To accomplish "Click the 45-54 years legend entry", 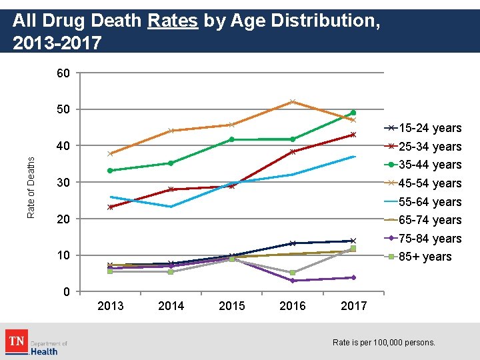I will [x=430, y=183].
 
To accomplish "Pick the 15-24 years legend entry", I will [x=430, y=128].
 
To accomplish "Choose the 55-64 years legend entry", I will [x=430, y=202].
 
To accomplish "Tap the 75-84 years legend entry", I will [x=430, y=239].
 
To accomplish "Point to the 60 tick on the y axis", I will [x=63, y=73].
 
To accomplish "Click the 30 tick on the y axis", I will [x=63, y=183].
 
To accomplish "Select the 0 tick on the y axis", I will [x=66, y=292].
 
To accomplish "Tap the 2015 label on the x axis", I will [x=231, y=306].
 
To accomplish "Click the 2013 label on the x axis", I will [x=110, y=306].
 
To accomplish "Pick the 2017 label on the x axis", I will [x=353, y=306].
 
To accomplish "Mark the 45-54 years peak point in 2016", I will [x=293, y=102].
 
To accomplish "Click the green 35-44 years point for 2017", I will [x=353, y=113].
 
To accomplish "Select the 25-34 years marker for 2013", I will [x=110, y=207].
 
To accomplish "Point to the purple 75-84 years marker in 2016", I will [x=293, y=281].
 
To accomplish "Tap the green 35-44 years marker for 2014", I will [x=171, y=163].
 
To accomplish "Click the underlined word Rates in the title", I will [x=173, y=21].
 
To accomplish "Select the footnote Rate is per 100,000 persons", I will [x=383, y=343].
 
